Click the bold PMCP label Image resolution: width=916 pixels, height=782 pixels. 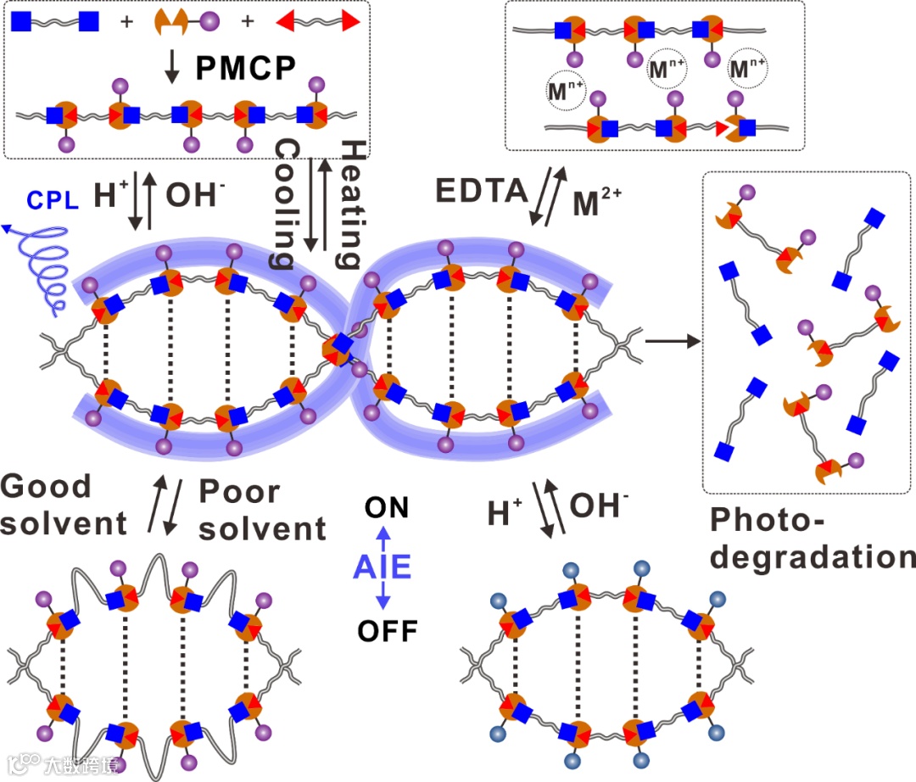coord(245,68)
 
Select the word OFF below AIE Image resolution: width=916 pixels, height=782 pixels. coord(383,631)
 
